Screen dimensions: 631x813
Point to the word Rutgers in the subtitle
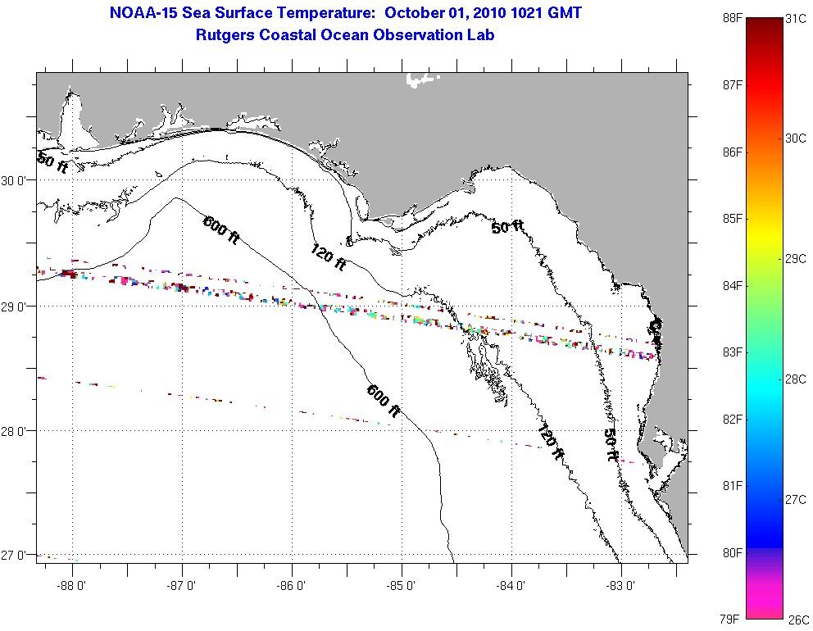[x=224, y=35]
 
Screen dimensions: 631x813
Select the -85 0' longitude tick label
[x=402, y=586]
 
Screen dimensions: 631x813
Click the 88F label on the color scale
[x=733, y=19]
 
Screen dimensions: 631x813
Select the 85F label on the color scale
[x=733, y=219]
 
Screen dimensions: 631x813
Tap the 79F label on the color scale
[x=733, y=619]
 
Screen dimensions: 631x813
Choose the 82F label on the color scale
[x=733, y=420]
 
